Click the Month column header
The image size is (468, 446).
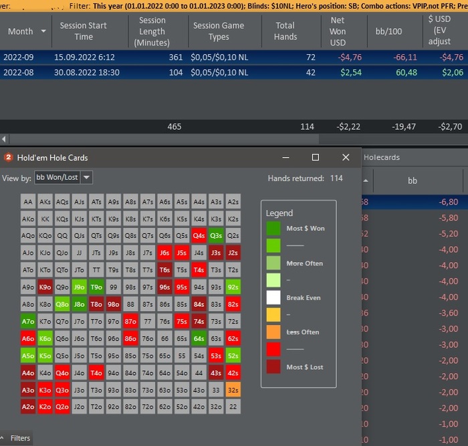click(21, 31)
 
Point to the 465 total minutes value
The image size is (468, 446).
click(174, 126)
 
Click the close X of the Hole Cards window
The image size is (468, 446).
click(346, 157)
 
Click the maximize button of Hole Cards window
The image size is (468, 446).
click(316, 157)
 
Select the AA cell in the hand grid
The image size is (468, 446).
click(28, 201)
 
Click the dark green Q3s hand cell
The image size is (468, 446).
click(215, 235)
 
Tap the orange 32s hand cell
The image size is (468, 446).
click(233, 389)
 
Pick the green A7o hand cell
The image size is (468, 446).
click(28, 321)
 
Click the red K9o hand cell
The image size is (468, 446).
click(45, 287)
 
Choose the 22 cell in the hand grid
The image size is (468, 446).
click(233, 407)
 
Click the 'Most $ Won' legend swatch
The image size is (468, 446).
click(273, 229)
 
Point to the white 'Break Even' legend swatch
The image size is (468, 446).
click(273, 298)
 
